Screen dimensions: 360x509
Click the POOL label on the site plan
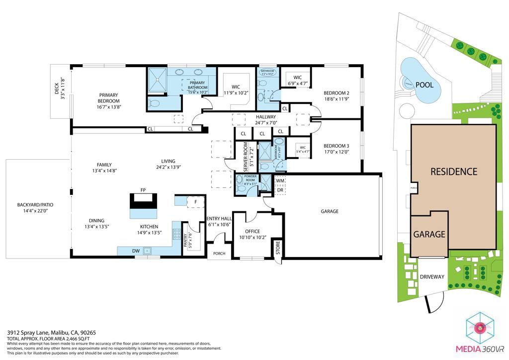[424, 85]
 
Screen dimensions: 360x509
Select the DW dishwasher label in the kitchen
[136, 251]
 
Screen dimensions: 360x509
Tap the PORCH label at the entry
[219, 253]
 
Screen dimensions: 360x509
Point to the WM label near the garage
[280, 181]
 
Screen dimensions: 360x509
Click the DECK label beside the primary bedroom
[58, 89]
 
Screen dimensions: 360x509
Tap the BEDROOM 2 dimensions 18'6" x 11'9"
[337, 98]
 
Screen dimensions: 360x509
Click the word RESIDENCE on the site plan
[453, 172]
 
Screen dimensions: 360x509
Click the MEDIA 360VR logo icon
[480, 327]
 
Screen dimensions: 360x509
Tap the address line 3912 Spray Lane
[50, 333]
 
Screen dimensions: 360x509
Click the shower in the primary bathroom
[157, 80]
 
